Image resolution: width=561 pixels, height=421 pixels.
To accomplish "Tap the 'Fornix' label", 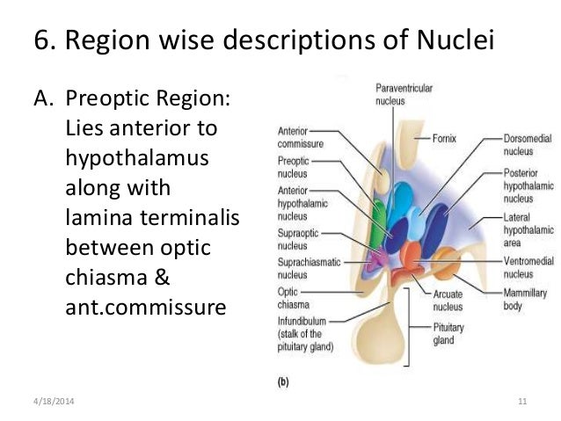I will pos(444,139).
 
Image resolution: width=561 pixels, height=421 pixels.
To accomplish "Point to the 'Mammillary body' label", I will pos(525,301).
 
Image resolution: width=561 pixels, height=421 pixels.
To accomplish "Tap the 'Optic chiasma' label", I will pos(294,297).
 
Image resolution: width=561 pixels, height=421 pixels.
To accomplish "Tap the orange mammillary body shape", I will pos(446,263).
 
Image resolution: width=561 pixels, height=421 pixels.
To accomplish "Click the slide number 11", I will pos(522,402).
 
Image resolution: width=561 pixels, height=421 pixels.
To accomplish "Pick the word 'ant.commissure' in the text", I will pos(136,308).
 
